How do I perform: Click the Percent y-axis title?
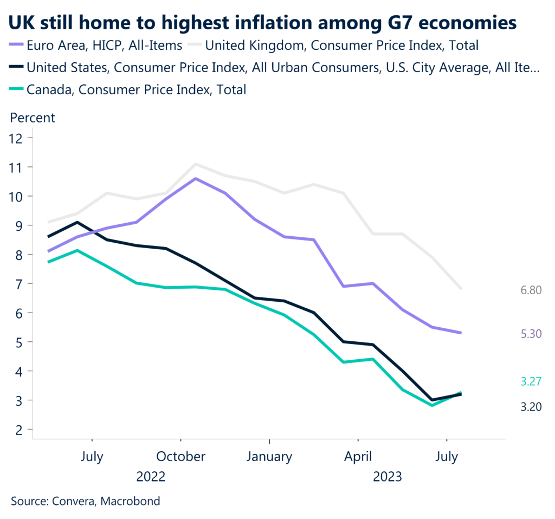coord(33,117)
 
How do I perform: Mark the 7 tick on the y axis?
coord(21,284)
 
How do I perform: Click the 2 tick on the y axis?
coord(21,430)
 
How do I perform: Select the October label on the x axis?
coord(180,457)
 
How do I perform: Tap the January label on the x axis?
coord(269,457)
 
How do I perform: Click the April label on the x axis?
coord(358,457)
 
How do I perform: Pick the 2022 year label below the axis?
coord(151,477)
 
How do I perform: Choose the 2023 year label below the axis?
coord(388,477)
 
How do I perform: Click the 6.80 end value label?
coord(531,290)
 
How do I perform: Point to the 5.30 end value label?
coord(531,334)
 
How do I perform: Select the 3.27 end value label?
coord(531,381)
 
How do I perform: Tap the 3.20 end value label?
coord(531,407)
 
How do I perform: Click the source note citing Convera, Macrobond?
coord(86,501)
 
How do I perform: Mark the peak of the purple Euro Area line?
coord(195,178)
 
